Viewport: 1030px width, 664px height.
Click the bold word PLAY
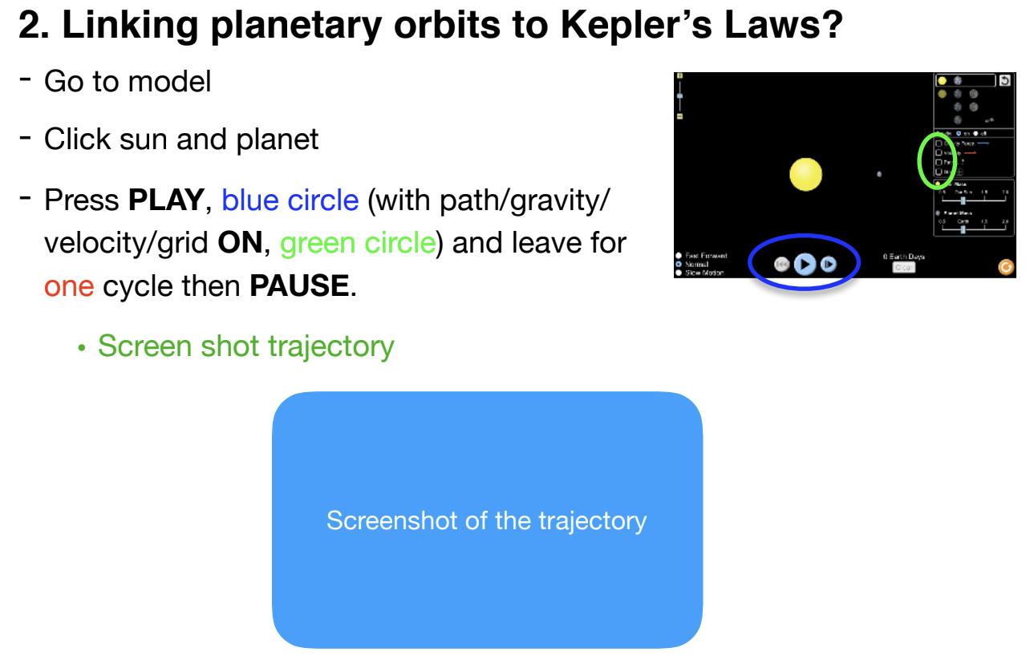pos(166,200)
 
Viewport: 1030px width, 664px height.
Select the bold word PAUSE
pos(299,285)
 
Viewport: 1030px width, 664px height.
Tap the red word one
pos(69,285)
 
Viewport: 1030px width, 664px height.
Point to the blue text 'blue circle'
pos(290,200)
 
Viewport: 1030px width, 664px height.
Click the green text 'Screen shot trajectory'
pos(245,346)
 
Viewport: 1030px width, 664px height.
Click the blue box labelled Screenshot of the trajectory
pos(487,520)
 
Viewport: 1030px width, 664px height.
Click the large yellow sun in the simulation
pos(805,175)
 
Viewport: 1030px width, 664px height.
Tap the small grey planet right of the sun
pos(880,173)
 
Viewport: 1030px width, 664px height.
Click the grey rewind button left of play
pos(781,265)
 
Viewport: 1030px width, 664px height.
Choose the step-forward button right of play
pos(829,265)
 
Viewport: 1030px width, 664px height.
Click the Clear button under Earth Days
pos(903,268)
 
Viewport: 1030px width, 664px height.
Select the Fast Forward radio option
pos(679,256)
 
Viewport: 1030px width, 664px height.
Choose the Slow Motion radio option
pos(679,273)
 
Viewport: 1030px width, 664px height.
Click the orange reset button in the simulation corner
pos(1005,267)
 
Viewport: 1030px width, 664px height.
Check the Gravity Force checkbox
pos(939,143)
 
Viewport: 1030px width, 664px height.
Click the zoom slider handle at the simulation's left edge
pos(680,96)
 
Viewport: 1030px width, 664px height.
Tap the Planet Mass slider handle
pos(963,229)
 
